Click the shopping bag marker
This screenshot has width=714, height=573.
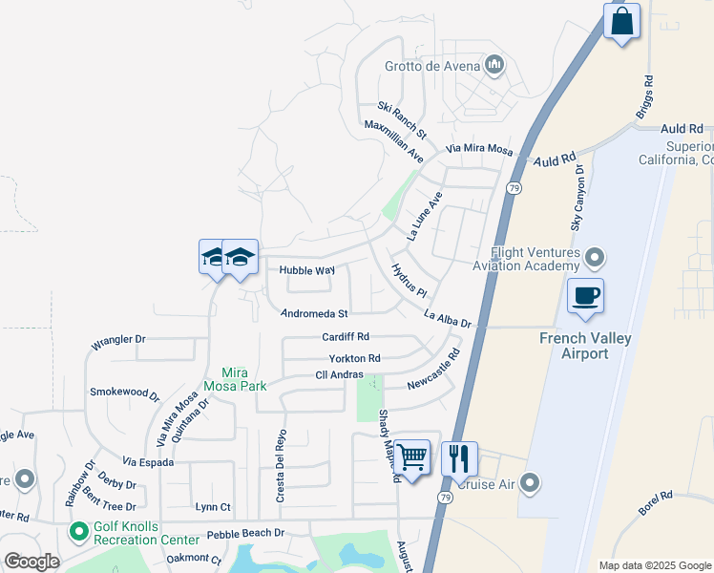(x=621, y=21)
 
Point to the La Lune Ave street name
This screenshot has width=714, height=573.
(x=425, y=215)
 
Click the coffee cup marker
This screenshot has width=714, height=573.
(x=585, y=295)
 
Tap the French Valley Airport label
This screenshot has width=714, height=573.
(x=573, y=346)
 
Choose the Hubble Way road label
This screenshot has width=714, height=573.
(x=306, y=270)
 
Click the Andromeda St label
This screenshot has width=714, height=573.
(x=314, y=312)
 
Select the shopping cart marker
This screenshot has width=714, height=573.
(x=411, y=458)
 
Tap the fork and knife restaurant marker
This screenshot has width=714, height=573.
(x=459, y=458)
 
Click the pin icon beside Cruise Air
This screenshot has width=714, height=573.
(x=532, y=483)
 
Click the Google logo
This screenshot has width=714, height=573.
(x=31, y=562)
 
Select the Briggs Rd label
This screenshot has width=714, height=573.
(x=646, y=98)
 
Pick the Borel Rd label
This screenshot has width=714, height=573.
(x=657, y=502)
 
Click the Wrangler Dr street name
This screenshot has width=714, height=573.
(x=117, y=338)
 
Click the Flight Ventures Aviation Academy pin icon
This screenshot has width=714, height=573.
(x=596, y=258)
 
